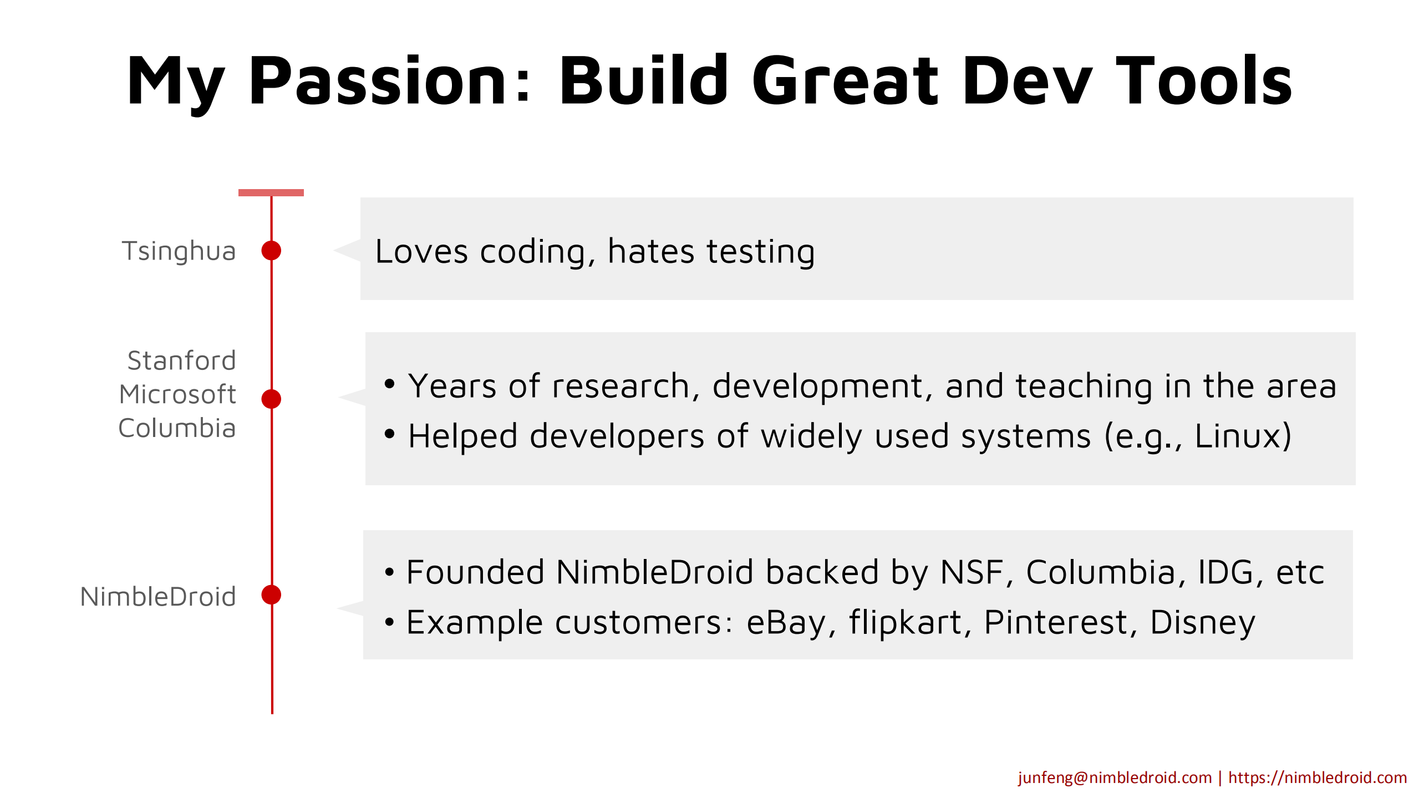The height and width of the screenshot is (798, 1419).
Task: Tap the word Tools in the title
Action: click(1204, 80)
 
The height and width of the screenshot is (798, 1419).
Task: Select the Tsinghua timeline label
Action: click(179, 251)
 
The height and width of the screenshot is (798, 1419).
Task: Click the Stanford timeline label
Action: click(182, 360)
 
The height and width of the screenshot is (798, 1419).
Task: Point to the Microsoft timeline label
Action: click(177, 394)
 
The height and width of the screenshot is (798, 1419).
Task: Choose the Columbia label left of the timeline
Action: click(177, 428)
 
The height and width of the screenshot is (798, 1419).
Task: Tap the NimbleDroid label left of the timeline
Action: click(158, 597)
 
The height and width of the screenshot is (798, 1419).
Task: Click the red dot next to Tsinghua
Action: click(271, 251)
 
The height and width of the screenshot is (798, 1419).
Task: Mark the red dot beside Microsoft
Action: click(271, 399)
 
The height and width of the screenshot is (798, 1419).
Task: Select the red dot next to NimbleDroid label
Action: click(271, 594)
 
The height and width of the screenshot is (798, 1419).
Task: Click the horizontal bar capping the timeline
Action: click(271, 192)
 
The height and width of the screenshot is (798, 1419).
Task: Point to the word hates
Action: click(651, 251)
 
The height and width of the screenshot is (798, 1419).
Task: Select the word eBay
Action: click(786, 623)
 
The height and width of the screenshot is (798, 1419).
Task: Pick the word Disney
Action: click(1203, 623)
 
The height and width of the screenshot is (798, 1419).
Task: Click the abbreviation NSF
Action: click(972, 572)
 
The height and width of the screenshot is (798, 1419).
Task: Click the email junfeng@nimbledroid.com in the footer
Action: click(1115, 777)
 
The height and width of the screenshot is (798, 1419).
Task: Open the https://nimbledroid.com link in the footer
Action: click(1318, 777)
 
